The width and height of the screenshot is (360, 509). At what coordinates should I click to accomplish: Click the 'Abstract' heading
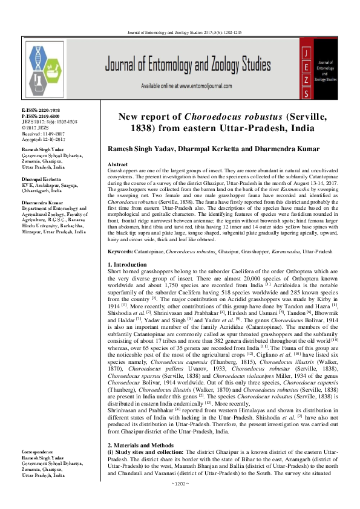117,164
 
